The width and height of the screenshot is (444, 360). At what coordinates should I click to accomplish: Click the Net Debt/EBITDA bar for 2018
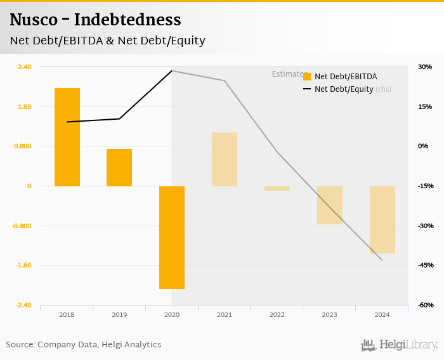pos(67,137)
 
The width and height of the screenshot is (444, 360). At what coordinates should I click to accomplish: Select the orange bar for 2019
pos(119,167)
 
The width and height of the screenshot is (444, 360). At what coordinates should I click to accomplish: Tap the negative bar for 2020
pos(172,237)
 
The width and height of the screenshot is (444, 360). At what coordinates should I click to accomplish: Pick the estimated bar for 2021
pos(225,159)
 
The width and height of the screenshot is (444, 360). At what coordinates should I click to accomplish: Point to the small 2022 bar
pos(277,188)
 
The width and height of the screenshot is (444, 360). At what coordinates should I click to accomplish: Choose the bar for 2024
pos(382,219)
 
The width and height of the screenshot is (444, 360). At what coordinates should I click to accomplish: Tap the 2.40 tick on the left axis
pos(24,67)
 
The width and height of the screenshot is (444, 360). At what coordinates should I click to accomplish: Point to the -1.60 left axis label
pos(24,266)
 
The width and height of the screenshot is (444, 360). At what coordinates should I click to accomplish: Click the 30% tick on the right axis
pos(424,67)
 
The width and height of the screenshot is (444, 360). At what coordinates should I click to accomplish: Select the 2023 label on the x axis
pos(329,314)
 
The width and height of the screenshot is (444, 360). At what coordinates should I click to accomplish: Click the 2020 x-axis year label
pos(171,314)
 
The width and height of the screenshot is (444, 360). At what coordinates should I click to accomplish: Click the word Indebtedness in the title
pos(127,20)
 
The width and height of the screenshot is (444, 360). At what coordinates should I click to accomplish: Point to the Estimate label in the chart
pos(287,74)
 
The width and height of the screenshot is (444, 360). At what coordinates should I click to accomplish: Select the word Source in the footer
pos(20,345)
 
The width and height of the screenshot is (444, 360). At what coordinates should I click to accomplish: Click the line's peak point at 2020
pos(172,70)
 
